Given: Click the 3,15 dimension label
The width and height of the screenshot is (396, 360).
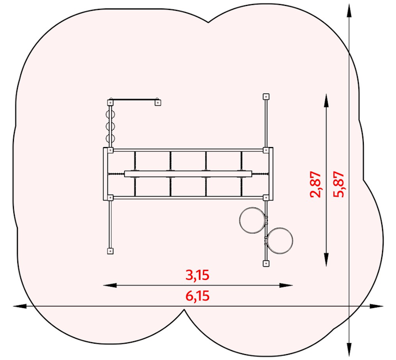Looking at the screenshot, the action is (198, 275).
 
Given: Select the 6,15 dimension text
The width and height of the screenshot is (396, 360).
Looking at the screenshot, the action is (198, 296).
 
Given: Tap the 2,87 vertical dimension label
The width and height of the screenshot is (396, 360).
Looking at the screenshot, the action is (315, 184).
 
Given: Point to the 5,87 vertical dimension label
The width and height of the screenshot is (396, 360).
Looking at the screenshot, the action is (339, 184).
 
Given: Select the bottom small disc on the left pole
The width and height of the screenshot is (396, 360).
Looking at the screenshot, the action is (110, 138).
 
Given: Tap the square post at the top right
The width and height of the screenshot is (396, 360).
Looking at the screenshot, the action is (266, 96).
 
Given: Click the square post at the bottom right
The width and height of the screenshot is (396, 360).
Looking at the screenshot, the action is (266, 263).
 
